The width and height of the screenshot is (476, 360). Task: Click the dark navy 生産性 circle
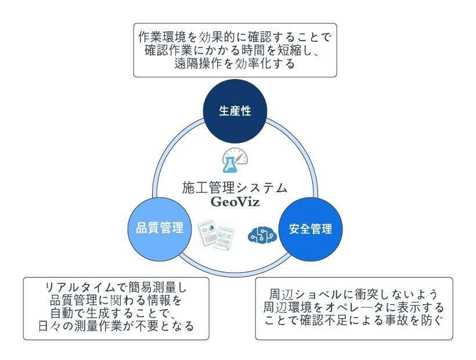[235, 111]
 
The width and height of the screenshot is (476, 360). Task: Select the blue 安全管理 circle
[311, 228]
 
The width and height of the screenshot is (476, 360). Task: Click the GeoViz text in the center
[235, 203]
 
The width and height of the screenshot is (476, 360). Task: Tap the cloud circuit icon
[262, 234]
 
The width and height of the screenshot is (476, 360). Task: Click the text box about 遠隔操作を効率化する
[235, 51]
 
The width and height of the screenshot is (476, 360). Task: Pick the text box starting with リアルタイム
[116, 308]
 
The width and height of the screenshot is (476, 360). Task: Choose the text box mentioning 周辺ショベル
[354, 308]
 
